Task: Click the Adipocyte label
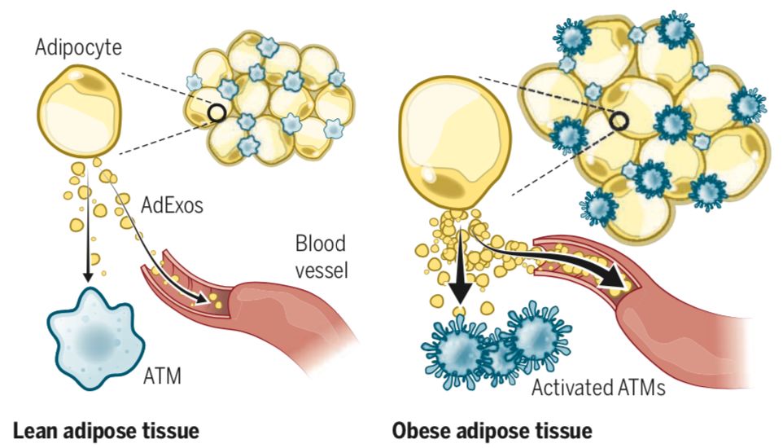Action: coord(78,46)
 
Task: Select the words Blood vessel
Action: coord(321,257)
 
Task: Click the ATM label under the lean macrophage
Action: coord(162,376)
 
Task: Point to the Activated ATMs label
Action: coord(598,387)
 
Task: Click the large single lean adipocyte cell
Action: coord(81,112)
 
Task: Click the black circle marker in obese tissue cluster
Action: coord(619,122)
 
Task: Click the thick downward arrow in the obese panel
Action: coord(461,269)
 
